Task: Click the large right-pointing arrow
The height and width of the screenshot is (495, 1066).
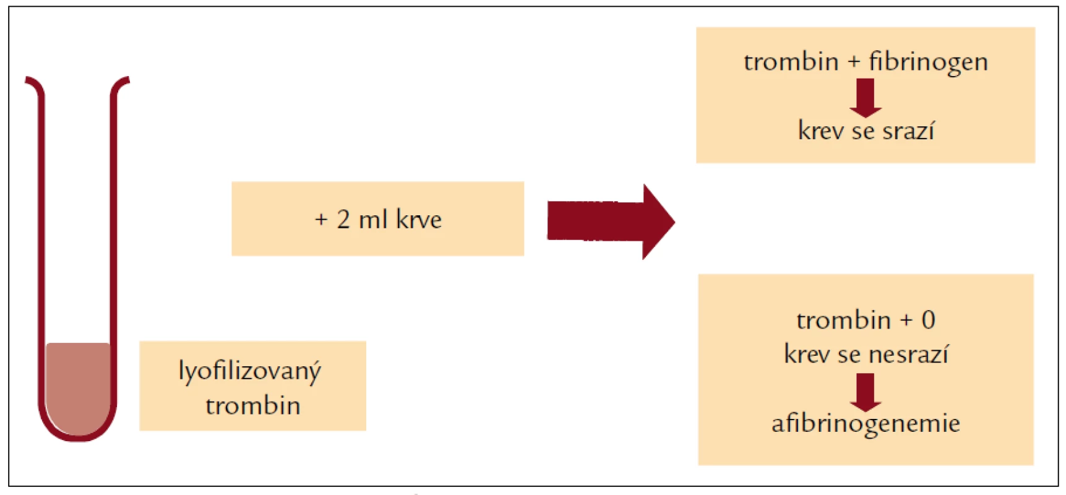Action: (x=611, y=222)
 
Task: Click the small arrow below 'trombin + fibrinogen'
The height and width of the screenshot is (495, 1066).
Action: (x=866, y=98)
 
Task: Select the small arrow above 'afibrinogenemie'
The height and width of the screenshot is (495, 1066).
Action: (x=866, y=392)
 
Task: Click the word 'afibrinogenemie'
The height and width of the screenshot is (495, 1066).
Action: (x=866, y=424)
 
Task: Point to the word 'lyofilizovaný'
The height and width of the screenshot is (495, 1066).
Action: (x=250, y=372)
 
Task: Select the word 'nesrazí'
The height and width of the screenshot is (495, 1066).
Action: (x=908, y=354)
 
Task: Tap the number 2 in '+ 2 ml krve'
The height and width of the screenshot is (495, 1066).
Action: (x=343, y=219)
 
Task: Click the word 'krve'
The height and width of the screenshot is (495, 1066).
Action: (x=419, y=219)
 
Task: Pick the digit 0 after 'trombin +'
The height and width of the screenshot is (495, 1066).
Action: (x=928, y=320)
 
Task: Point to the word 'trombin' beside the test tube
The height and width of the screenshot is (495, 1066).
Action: (x=253, y=406)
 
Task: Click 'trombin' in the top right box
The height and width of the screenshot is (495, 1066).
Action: (x=791, y=62)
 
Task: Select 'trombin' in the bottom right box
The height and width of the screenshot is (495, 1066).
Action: (x=844, y=320)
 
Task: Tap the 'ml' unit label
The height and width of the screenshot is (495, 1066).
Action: (x=373, y=219)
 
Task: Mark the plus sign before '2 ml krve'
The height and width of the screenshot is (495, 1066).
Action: (x=321, y=220)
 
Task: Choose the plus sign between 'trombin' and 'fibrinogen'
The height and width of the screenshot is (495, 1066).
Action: (x=854, y=62)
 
